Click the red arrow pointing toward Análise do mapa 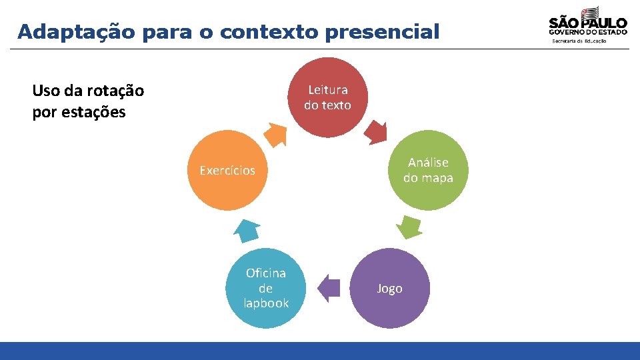[376, 133]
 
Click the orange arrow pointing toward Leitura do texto [275, 134]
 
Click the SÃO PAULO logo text [587, 22]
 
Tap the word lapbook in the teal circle [266, 303]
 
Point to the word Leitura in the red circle [327, 90]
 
